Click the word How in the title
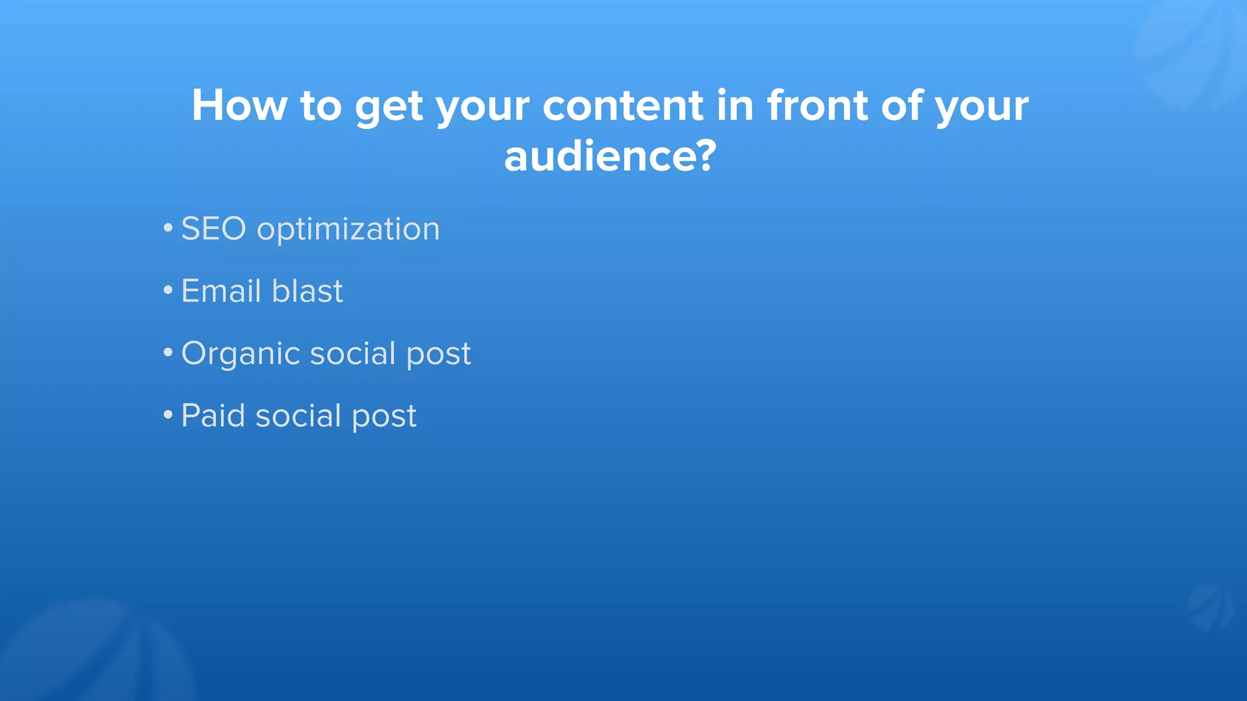(239, 106)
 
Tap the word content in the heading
(622, 106)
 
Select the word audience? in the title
(610, 156)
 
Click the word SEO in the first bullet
(213, 229)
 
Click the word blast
(307, 291)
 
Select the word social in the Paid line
(298, 416)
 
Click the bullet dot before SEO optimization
(168, 229)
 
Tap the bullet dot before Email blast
(168, 291)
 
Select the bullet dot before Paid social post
(168, 416)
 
